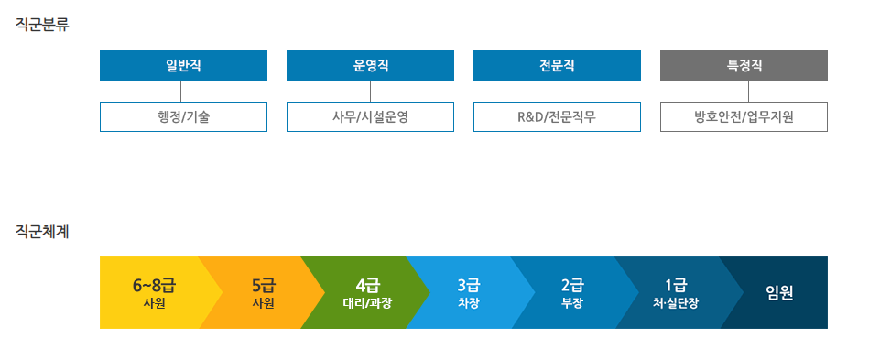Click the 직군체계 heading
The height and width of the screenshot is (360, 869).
pos(43,232)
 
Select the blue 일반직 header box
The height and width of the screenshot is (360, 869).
pos(183,66)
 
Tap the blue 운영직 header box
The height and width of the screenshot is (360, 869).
pos(370,66)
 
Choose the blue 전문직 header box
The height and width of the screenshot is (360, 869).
pos(557,66)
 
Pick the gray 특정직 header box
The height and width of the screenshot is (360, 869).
pos(744,66)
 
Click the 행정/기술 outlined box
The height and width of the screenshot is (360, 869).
pos(183,116)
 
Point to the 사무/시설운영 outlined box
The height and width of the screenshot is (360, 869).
pos(370,116)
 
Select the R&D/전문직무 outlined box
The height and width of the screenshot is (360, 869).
pos(557,116)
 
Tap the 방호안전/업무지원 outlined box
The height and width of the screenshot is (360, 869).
pos(744,116)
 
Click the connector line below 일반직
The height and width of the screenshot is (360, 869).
pos(181,91)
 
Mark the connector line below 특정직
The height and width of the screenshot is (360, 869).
pos(748,91)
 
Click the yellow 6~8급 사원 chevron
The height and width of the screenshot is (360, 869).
pos(152,292)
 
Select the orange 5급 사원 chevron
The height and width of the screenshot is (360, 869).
pos(259,292)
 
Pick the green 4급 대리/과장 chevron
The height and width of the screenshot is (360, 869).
pos(364,292)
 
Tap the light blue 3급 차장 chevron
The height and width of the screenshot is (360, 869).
pos(468,292)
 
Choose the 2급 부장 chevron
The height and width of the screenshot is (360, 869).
pos(572,292)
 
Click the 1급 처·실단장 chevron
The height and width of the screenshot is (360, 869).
pos(676,292)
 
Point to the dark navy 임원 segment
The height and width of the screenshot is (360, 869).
pos(780,292)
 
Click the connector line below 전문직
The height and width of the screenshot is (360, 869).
pos(559,91)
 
